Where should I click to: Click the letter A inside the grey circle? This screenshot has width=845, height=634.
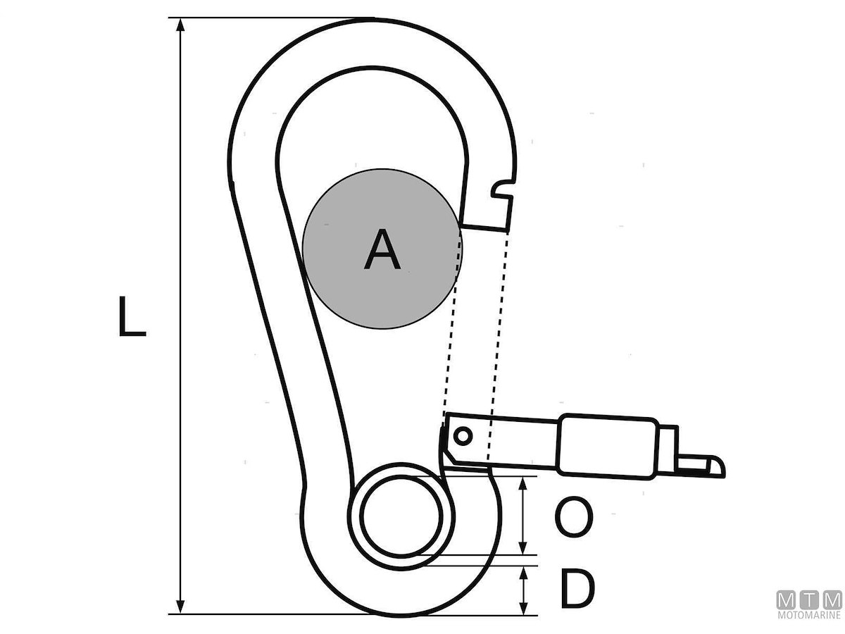pyautogui.click(x=382, y=249)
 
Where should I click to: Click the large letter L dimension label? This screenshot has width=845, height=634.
pyautogui.click(x=132, y=316)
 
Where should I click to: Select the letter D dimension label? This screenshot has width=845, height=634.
pyautogui.click(x=577, y=589)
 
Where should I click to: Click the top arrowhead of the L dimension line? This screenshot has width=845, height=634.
pyautogui.click(x=180, y=25)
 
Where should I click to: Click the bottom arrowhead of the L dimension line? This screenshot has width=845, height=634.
pyautogui.click(x=180, y=607)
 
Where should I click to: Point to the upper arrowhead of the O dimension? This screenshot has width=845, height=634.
pyautogui.click(x=522, y=483)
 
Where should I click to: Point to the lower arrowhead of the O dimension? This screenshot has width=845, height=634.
pyautogui.click(x=522, y=548)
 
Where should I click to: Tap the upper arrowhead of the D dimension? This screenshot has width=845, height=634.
pyautogui.click(x=522, y=573)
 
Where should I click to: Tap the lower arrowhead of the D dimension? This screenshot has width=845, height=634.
pyautogui.click(x=522, y=607)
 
